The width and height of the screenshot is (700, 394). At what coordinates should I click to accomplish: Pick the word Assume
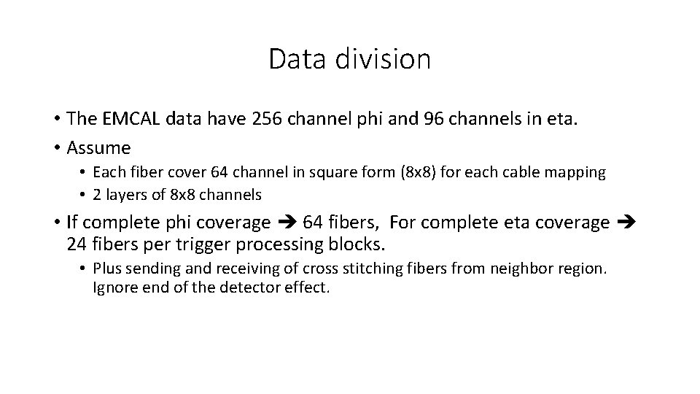click(98, 148)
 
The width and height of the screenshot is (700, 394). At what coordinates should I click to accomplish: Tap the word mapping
click(578, 173)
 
